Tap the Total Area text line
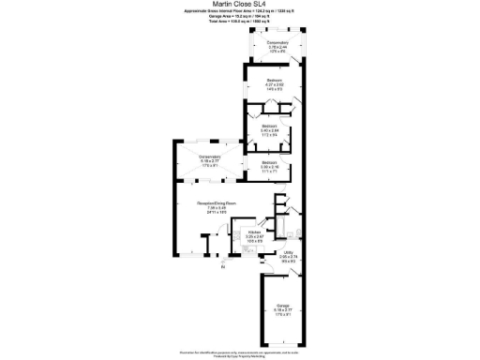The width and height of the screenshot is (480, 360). (239, 22)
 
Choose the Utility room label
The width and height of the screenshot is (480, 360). (289, 253)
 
